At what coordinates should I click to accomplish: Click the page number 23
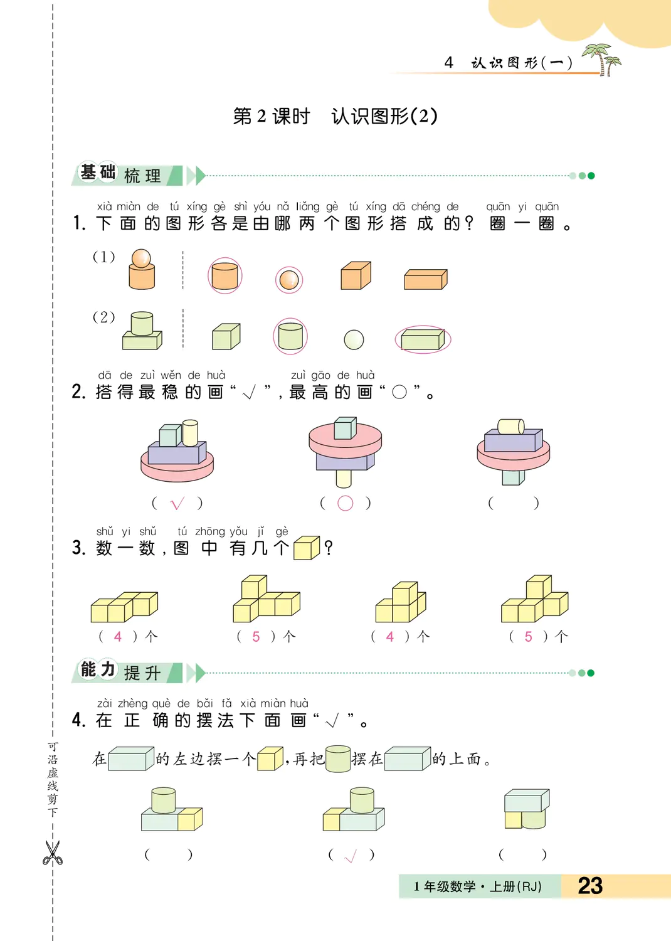tap(590, 886)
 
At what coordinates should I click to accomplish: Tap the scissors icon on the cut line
tap(53, 853)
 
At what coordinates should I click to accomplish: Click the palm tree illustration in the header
tap(602, 60)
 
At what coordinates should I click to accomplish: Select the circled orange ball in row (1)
tap(289, 280)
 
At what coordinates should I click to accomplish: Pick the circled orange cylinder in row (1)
tap(225, 275)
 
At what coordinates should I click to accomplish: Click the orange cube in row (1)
tap(356, 275)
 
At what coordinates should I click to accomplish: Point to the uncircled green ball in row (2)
tap(354, 339)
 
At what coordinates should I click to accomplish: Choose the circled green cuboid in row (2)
tap(423, 339)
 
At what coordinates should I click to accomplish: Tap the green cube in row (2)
tap(226, 336)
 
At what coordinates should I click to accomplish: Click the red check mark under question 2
tap(177, 503)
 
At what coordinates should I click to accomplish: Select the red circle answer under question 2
tap(345, 503)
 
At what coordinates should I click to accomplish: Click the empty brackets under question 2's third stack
tap(513, 503)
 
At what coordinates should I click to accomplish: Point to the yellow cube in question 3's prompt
tap(307, 548)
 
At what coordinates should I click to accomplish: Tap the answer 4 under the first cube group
tap(117, 637)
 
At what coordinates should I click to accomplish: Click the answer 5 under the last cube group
tap(528, 637)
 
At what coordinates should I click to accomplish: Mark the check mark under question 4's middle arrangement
tap(350, 856)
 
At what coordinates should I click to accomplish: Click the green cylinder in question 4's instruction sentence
tap(338, 758)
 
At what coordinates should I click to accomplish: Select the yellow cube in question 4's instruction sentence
tap(270, 758)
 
